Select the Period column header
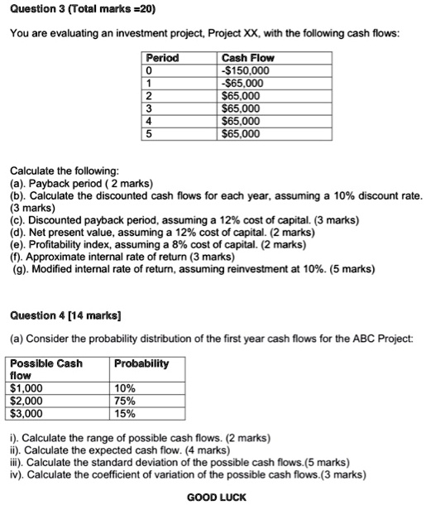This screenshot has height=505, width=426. point(162,58)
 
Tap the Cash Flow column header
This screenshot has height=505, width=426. point(248,58)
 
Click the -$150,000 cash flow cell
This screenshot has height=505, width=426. point(245,70)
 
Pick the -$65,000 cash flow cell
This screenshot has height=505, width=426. point(242,83)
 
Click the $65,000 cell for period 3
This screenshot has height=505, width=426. point(241,108)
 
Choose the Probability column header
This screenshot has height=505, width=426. point(141,363)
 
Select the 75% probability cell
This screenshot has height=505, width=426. point(125,400)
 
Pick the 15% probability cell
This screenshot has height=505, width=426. point(125,412)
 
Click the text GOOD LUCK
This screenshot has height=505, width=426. point(217,497)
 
